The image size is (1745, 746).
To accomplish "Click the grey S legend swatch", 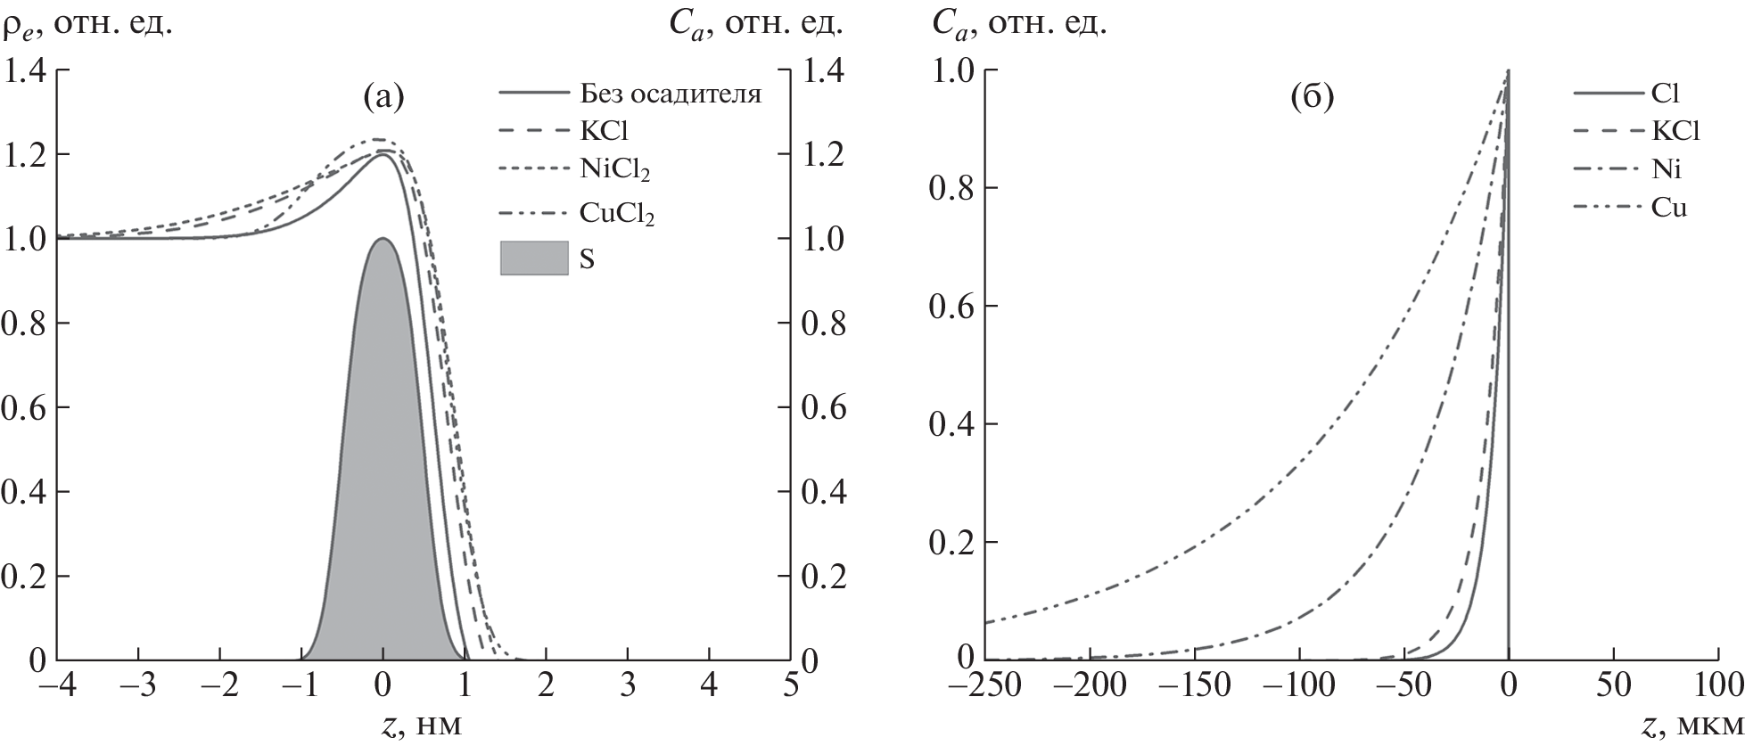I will [x=533, y=258].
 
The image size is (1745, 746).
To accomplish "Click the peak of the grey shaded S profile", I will [x=383, y=239].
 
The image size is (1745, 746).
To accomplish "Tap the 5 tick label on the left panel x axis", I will [x=790, y=691].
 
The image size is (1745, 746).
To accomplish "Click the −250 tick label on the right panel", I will [x=985, y=691].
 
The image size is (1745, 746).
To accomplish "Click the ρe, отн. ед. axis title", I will [x=89, y=22].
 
